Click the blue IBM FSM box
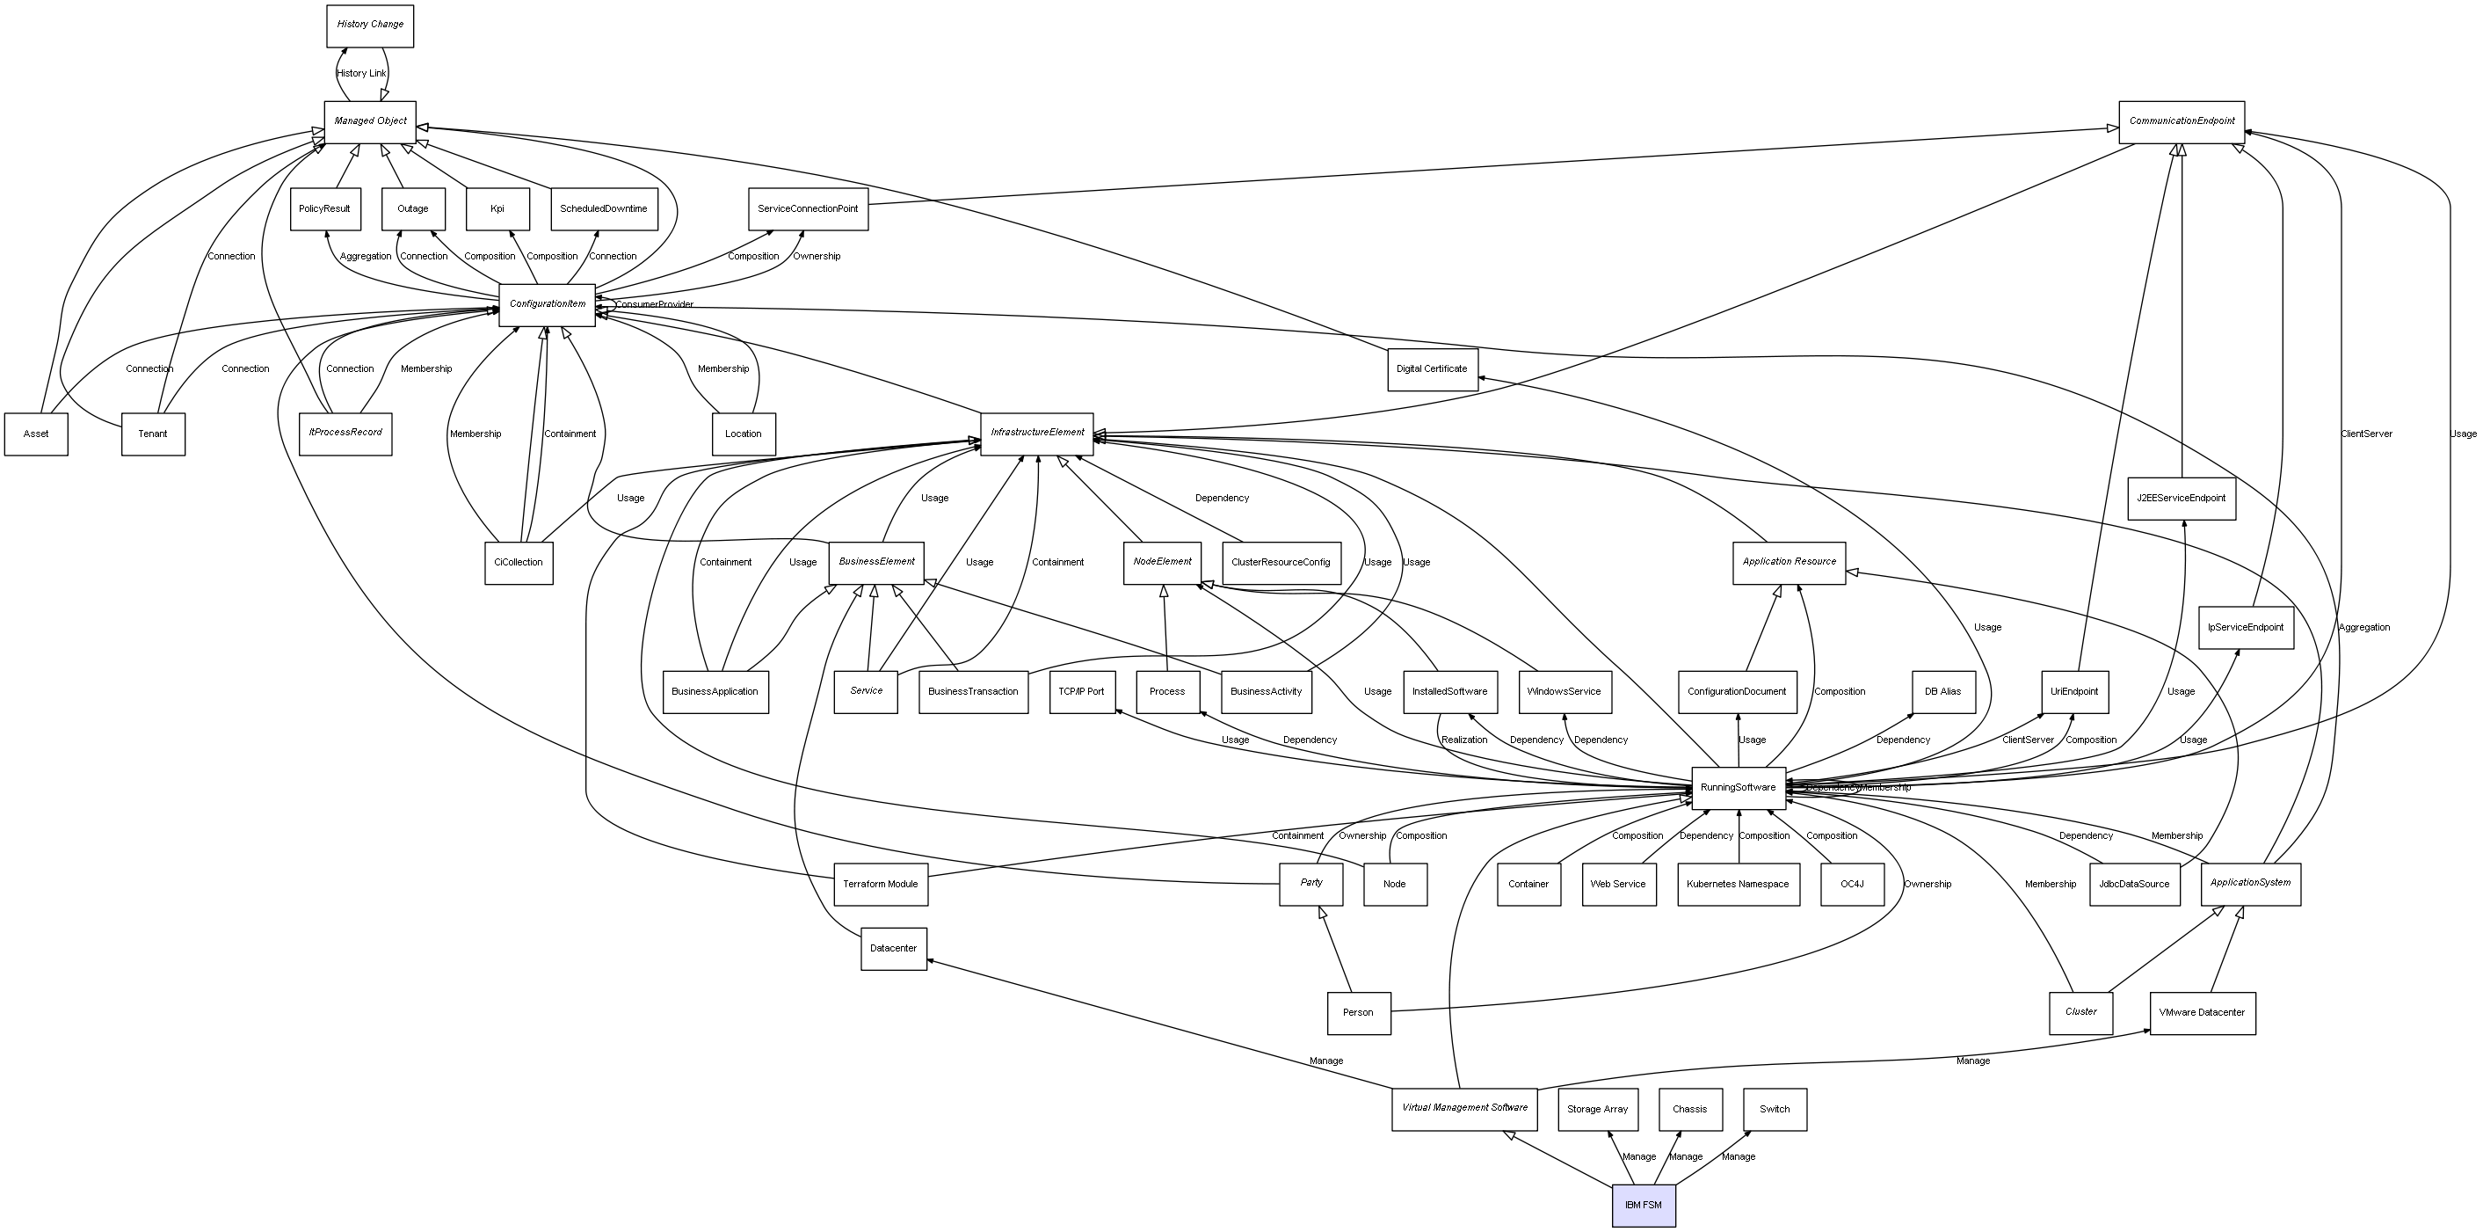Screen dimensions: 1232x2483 pos(1644,1205)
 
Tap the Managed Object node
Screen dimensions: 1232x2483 pos(370,121)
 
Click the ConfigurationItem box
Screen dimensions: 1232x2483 pos(547,304)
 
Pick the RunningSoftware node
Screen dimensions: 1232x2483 pos(1738,788)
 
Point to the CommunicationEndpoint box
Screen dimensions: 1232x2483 pos(2182,121)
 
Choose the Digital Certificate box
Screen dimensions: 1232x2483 pos(1432,369)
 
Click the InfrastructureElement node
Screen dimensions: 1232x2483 pos(1036,433)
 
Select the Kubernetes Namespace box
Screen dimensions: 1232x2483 pos(1737,884)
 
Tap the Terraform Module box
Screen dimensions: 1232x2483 pos(880,884)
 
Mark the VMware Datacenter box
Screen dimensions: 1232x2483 pos(2202,1012)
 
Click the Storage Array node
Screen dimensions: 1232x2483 pos(1597,1109)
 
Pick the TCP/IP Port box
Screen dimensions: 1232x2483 pos(1081,691)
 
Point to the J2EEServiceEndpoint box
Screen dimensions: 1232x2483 pos(2181,499)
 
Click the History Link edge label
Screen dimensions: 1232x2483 pos(360,73)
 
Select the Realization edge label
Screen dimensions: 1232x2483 pos(1463,740)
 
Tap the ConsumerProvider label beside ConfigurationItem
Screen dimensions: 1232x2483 pos(655,304)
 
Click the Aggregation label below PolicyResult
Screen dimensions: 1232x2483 pos(366,257)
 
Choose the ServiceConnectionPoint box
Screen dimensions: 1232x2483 pos(808,209)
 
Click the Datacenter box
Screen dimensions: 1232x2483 pos(893,949)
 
